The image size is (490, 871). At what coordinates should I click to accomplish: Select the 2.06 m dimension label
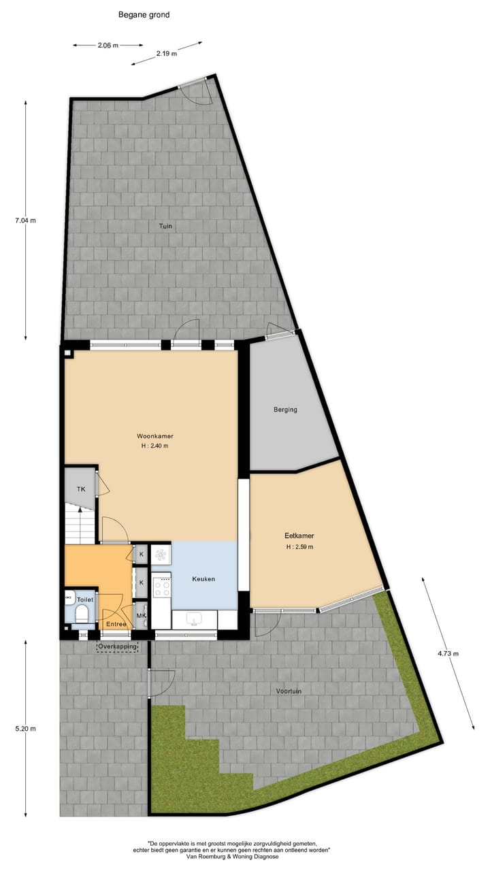pyautogui.click(x=108, y=46)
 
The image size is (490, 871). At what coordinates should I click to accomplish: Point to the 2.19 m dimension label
pyautogui.click(x=166, y=53)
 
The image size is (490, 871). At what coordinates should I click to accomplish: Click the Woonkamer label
pyautogui.click(x=156, y=435)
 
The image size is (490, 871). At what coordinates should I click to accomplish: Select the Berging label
pyautogui.click(x=285, y=410)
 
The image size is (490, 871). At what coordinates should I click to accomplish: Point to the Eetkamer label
pyautogui.click(x=299, y=536)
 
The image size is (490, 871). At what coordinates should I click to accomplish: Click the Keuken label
pyautogui.click(x=203, y=579)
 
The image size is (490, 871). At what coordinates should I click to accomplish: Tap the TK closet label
pyautogui.click(x=80, y=489)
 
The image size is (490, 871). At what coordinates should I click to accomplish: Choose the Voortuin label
pyautogui.click(x=289, y=691)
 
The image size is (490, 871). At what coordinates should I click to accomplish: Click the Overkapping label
pyautogui.click(x=118, y=646)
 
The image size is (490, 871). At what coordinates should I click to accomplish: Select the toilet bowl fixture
pyautogui.click(x=82, y=614)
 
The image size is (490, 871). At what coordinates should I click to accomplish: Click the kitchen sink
pyautogui.click(x=194, y=619)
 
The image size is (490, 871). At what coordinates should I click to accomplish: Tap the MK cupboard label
pyautogui.click(x=141, y=617)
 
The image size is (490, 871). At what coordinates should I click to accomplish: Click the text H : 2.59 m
pyautogui.click(x=299, y=546)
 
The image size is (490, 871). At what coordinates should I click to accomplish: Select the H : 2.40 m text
pyautogui.click(x=154, y=446)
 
